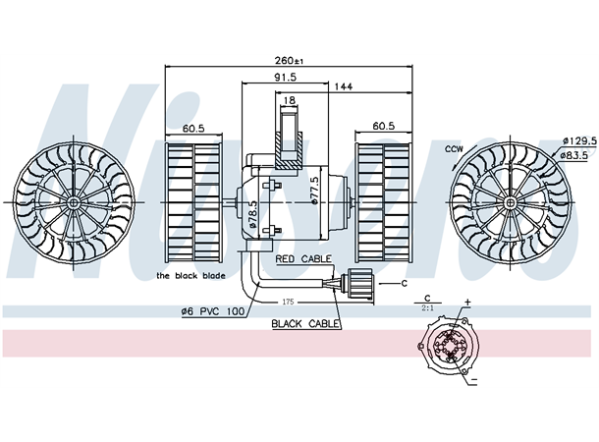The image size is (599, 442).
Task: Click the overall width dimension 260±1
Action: click(x=290, y=61)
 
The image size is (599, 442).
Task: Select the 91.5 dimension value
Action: click(x=286, y=77)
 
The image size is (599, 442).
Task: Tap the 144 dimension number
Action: click(x=343, y=87)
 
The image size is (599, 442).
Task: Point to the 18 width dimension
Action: click(x=289, y=100)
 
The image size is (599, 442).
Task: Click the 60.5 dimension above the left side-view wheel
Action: click(x=192, y=127)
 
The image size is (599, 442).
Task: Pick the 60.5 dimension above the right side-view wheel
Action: click(x=383, y=127)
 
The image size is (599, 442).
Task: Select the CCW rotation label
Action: click(x=453, y=149)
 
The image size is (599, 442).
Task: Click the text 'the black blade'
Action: click(x=191, y=276)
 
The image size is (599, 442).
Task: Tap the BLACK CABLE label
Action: click(x=306, y=322)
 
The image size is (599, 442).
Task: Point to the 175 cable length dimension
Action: click(x=289, y=302)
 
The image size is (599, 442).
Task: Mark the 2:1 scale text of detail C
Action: click(x=428, y=307)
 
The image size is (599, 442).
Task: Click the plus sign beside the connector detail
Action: click(x=467, y=303)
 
